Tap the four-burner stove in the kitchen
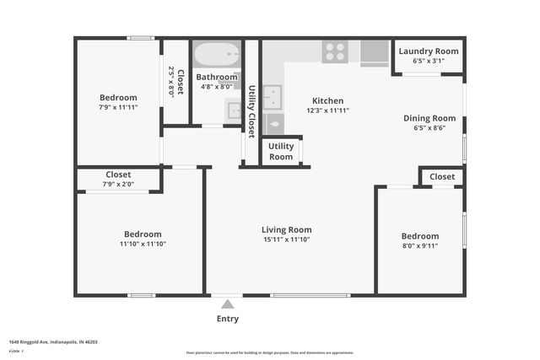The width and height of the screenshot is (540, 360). coord(335,51)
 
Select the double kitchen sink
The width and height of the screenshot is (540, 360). coord(272,97)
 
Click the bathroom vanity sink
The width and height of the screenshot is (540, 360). coord(234,110)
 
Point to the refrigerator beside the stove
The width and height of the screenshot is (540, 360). coord(375,51)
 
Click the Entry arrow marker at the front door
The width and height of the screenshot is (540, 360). coord(227,304)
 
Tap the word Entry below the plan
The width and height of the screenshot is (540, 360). coord(228,319)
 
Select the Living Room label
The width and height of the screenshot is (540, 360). coord(286,229)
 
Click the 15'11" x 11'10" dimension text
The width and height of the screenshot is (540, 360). coord(286,239)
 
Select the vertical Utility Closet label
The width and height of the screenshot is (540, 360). coord(251,111)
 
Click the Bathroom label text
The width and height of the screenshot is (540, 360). coord(217,77)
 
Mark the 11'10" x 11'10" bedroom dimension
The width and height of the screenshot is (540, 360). coord(143,244)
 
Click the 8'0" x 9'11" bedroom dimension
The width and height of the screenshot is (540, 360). coord(419,246)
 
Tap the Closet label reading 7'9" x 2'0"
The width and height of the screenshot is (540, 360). coord(118,184)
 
